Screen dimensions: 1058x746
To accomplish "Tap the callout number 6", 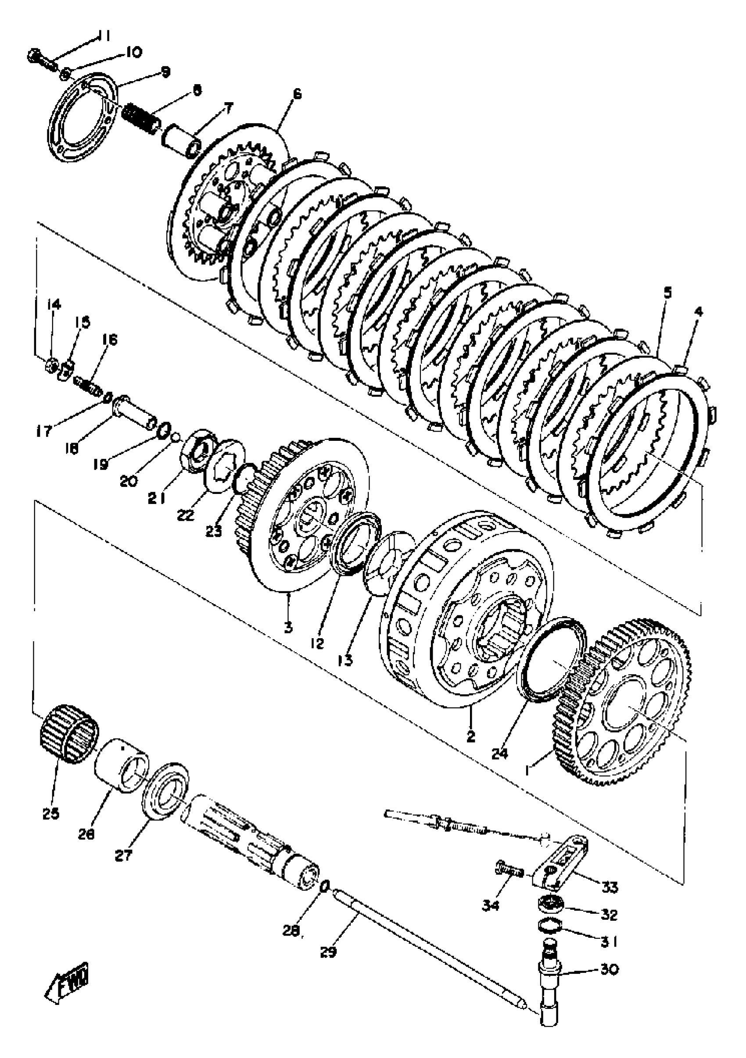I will click(296, 94).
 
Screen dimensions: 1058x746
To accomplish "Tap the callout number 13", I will click(344, 660).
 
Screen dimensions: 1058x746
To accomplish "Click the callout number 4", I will click(699, 311).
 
